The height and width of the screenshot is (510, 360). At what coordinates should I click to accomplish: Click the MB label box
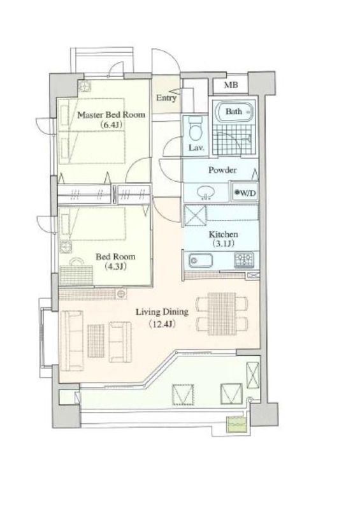(231, 85)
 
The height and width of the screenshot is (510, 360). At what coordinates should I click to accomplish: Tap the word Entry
(166, 98)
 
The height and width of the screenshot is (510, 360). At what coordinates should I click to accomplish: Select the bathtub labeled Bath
(234, 112)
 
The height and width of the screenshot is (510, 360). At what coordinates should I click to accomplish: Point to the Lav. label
(196, 148)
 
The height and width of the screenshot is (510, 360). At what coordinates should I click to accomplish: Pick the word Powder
(222, 170)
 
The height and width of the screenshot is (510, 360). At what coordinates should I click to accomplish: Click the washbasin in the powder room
(205, 193)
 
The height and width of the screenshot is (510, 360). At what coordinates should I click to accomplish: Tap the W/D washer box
(245, 193)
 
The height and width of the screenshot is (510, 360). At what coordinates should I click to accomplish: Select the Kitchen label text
(223, 234)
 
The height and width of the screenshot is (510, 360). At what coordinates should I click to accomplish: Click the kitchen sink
(201, 261)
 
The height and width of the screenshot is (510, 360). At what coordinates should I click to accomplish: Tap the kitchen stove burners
(244, 260)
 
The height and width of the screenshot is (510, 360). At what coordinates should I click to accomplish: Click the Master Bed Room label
(112, 115)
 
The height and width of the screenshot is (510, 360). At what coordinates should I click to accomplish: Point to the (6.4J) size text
(112, 124)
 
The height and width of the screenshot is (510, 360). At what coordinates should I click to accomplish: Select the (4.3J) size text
(115, 266)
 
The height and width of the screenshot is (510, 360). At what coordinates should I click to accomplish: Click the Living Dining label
(162, 312)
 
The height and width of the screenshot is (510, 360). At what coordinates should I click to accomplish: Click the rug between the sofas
(96, 340)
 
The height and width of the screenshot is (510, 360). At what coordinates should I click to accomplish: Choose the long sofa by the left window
(72, 340)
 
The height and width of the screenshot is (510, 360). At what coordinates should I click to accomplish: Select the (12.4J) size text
(162, 324)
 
